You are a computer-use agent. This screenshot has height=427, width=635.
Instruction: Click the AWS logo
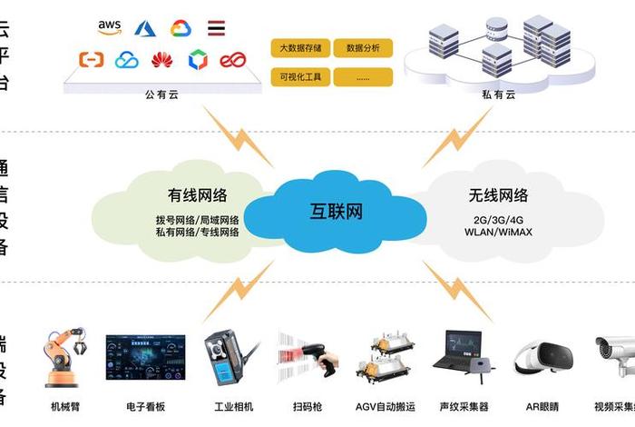110,29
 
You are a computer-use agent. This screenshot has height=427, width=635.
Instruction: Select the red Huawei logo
162,61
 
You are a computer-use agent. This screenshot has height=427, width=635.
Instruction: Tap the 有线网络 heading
197,194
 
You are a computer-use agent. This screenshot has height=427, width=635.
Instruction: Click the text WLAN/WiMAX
498,233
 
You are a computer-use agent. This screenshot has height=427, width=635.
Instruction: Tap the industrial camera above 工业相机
224,357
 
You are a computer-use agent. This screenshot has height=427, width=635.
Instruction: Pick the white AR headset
542,356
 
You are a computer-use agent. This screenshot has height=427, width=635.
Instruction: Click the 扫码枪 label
308,406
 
